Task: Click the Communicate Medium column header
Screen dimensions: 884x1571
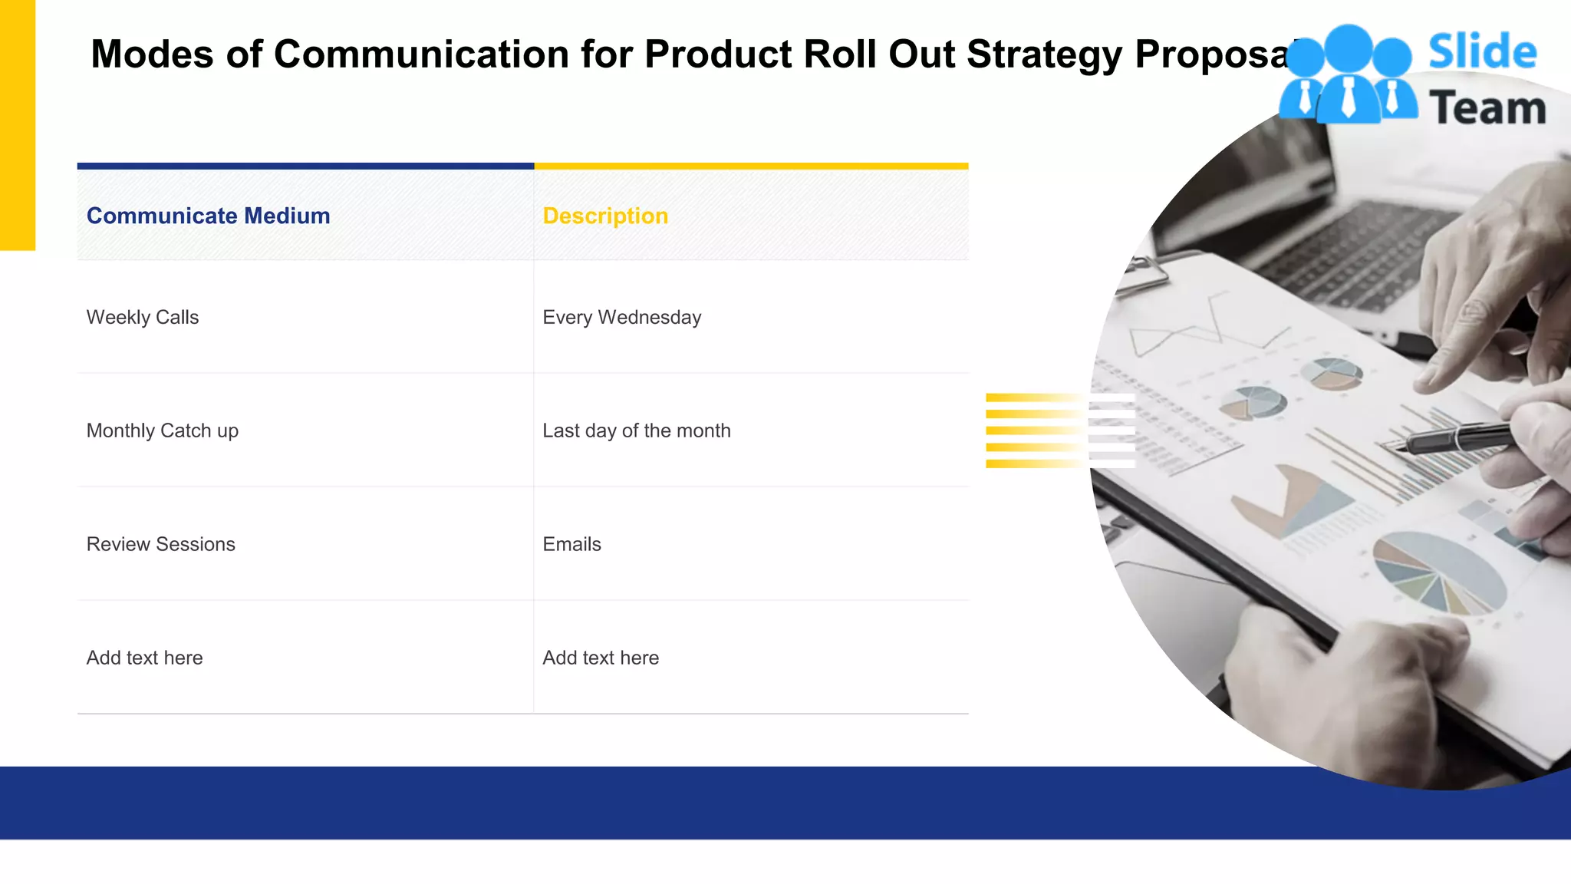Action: click(208, 216)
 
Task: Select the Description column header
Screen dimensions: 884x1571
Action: click(605, 216)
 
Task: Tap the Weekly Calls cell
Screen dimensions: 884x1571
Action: click(143, 317)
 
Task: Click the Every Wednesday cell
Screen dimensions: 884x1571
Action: click(621, 317)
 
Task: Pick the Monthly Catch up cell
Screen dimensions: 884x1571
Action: click(162, 430)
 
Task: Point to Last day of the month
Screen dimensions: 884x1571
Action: click(636, 430)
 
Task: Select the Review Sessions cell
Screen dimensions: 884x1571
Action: click(160, 544)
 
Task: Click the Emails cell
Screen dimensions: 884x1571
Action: click(571, 544)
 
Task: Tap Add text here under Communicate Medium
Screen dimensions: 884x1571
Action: click(144, 658)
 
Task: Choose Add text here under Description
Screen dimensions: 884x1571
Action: click(601, 658)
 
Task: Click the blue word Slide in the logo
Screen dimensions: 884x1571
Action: click(1482, 51)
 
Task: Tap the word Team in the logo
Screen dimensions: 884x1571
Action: click(1487, 108)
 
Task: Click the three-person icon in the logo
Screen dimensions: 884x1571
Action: click(1348, 75)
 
